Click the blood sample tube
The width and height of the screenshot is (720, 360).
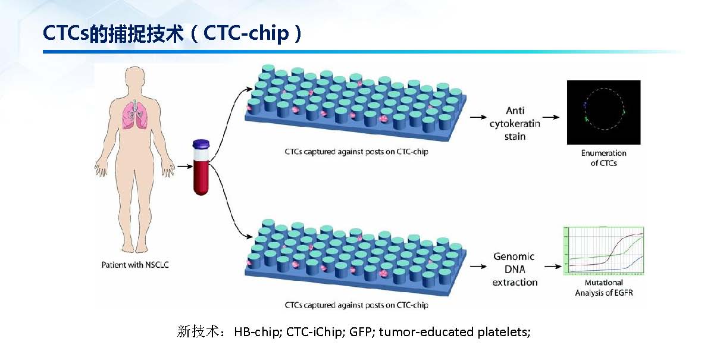coord(201,170)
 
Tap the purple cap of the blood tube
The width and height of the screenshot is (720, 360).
coord(201,144)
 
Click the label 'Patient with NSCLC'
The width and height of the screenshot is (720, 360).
coord(135,265)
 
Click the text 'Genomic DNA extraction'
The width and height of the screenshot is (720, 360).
coord(515,269)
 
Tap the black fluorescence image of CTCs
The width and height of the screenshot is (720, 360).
coord(603,112)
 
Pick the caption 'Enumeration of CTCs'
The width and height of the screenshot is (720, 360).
coord(603,158)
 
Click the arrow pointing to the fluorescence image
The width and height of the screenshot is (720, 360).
coord(550,117)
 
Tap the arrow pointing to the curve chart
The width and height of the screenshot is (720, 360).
coord(553,266)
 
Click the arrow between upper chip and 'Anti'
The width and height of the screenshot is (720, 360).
coord(478,117)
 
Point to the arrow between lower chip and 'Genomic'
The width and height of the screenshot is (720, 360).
coord(478,266)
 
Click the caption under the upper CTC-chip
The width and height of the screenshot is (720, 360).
coord(356,152)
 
